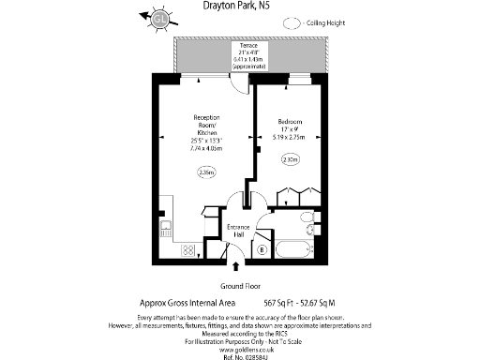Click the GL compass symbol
tap(161, 17)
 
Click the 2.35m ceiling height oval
tap(205, 172)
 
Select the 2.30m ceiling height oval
tap(291, 160)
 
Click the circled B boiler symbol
tap(262, 249)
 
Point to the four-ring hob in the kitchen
tap(187, 250)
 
